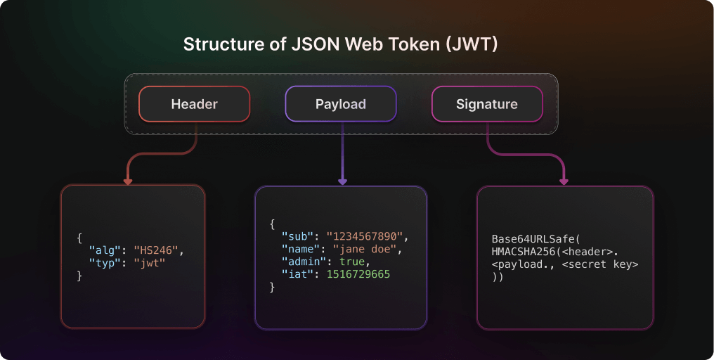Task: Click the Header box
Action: [194, 104]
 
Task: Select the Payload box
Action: [341, 104]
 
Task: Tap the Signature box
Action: [486, 104]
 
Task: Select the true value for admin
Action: [352, 262]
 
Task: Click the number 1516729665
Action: [358, 274]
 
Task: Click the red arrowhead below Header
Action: [128, 181]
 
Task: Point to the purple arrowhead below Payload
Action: [342, 181]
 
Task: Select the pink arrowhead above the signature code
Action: [564, 181]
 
